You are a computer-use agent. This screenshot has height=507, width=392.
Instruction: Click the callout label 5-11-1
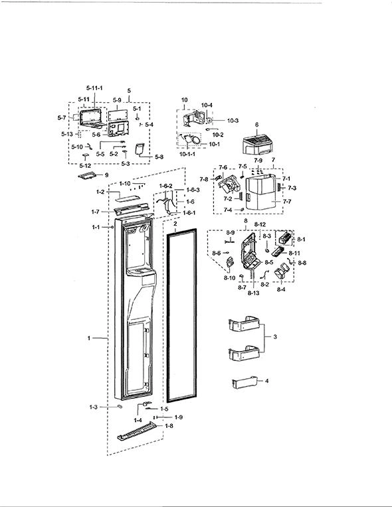[x=94, y=88]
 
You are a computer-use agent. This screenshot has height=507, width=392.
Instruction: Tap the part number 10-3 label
[x=233, y=121]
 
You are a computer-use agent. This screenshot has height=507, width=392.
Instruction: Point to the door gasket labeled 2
[x=181, y=316]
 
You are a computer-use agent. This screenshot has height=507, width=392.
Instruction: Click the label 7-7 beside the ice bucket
[x=287, y=202]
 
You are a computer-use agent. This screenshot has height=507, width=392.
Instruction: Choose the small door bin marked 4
[x=245, y=382]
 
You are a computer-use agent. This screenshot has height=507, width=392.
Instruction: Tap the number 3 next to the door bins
[x=275, y=336]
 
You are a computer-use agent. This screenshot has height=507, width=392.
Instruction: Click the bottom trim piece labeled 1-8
[x=137, y=431]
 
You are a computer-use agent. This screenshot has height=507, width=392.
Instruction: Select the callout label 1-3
[x=93, y=407]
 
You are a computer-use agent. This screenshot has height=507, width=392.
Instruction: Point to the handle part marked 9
[x=88, y=175]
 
